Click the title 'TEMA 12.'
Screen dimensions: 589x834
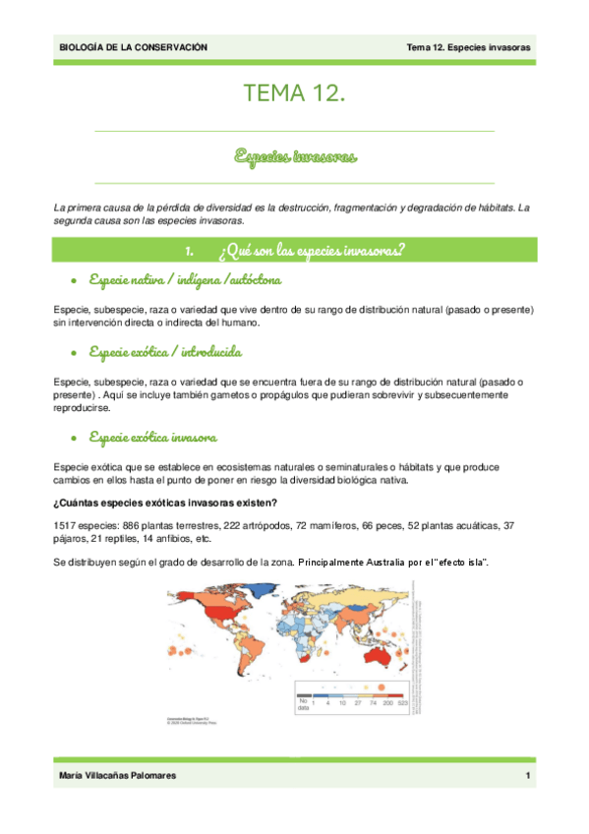(x=294, y=94)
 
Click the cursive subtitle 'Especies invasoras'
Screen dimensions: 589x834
(x=294, y=155)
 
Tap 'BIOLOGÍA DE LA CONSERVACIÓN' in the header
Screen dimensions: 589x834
(x=134, y=47)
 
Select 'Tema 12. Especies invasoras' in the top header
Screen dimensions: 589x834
(x=469, y=47)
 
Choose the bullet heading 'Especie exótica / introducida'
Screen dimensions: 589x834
(x=164, y=351)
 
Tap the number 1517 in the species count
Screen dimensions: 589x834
(x=65, y=526)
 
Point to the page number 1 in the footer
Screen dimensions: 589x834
(x=528, y=777)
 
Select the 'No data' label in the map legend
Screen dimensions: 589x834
(x=305, y=703)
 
